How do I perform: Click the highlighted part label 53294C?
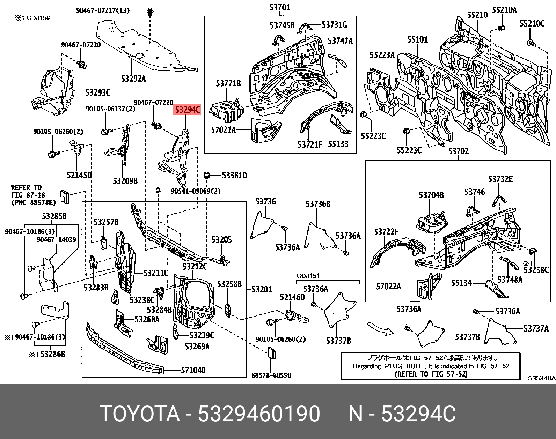coord(188,110)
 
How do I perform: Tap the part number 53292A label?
coord(133,79)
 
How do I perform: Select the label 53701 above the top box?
coord(280,7)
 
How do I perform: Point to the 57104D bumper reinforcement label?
coord(193,370)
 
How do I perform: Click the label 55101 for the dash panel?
coord(417,40)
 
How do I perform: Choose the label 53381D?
coord(234,175)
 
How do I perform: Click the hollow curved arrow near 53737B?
coord(380,329)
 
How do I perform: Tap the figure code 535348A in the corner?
coord(541,378)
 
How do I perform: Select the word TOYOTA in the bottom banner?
coord(140,414)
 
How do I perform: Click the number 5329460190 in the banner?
coord(259,414)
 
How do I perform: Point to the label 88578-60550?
coord(271,375)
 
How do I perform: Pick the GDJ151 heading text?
coord(308,276)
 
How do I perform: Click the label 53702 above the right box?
coord(458,151)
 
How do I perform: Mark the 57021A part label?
coord(223,130)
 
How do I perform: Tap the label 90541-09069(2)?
coord(196,191)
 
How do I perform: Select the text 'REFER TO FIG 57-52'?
coord(431,374)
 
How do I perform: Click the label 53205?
coord(221,240)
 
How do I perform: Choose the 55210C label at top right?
coord(532,23)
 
